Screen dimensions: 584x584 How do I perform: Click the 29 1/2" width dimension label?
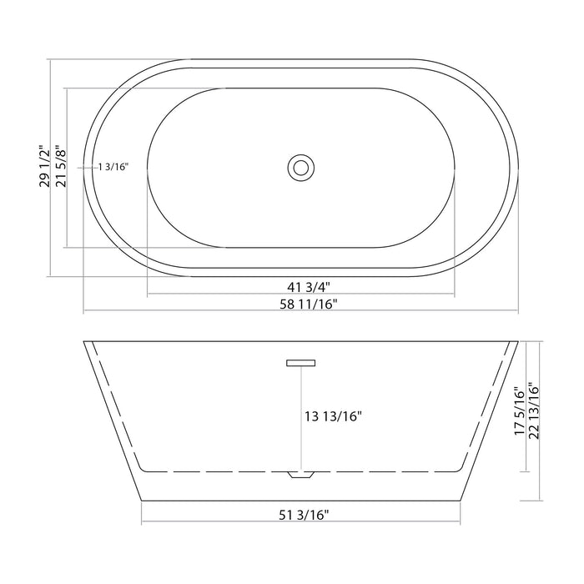44,166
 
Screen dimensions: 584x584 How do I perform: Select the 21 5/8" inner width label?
60,166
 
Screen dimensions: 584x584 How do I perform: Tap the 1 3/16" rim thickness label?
113,167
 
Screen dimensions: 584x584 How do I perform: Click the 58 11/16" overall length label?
300,305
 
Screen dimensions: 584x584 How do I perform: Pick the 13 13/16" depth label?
333,415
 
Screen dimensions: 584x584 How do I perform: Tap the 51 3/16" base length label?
300,515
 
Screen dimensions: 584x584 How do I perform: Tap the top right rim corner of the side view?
517,341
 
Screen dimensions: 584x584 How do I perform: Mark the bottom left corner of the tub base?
142,499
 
